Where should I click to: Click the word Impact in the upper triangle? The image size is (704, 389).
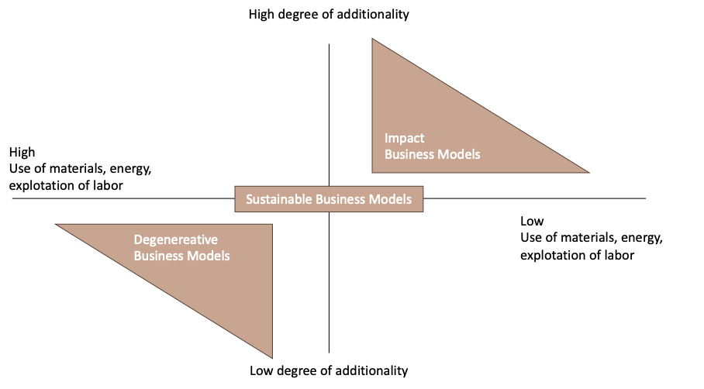pyautogui.click(x=405, y=138)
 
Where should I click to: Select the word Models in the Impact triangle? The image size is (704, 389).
pyautogui.click(x=460, y=154)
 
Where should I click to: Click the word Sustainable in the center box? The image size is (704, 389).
pyautogui.click(x=279, y=199)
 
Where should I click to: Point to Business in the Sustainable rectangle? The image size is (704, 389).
pyautogui.click(x=340, y=199)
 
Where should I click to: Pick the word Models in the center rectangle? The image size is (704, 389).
pyautogui.click(x=390, y=199)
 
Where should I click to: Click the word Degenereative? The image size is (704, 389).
pyautogui.click(x=176, y=239)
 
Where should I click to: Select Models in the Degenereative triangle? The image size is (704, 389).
pyautogui.click(x=209, y=256)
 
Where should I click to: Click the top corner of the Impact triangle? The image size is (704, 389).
pyautogui.click(x=373, y=39)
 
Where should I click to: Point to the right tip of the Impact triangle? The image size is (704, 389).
pyautogui.click(x=588, y=172)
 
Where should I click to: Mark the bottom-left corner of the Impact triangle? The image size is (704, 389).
pyautogui.click(x=373, y=172)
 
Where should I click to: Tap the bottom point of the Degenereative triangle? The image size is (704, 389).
pyautogui.click(x=272, y=357)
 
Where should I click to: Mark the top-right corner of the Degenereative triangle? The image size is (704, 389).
pyautogui.click(x=272, y=224)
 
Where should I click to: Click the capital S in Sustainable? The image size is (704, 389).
pyautogui.click(x=249, y=199)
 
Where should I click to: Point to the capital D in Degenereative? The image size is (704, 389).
pyautogui.click(x=138, y=239)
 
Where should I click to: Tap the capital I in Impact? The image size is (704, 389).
pyautogui.click(x=387, y=138)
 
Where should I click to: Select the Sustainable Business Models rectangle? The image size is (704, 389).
pyautogui.click(x=330, y=199)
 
